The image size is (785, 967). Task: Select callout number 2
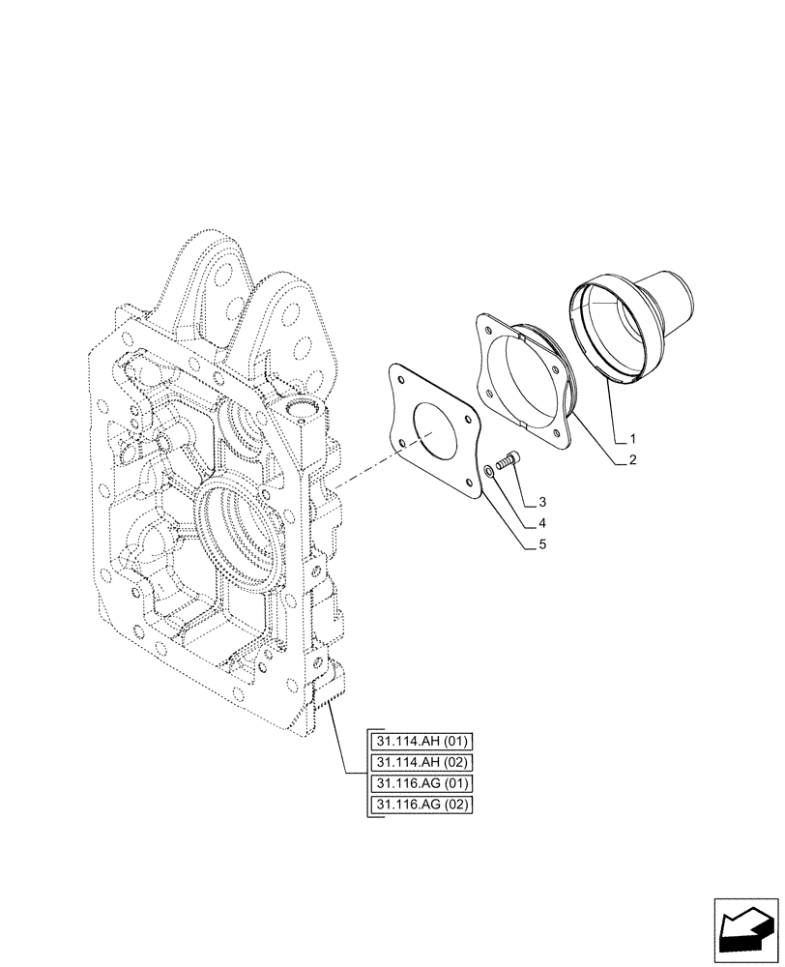click(631, 461)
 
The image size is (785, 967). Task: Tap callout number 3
click(542, 502)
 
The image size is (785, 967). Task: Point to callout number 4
click(542, 523)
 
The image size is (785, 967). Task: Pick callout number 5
click(542, 544)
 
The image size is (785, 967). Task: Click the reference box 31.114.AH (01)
click(422, 742)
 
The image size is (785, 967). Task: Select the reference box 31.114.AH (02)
click(422, 763)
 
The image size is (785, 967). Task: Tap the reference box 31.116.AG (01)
click(422, 784)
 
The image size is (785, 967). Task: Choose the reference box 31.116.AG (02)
click(422, 806)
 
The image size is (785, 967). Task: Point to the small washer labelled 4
click(490, 471)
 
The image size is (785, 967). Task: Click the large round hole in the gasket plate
click(440, 430)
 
